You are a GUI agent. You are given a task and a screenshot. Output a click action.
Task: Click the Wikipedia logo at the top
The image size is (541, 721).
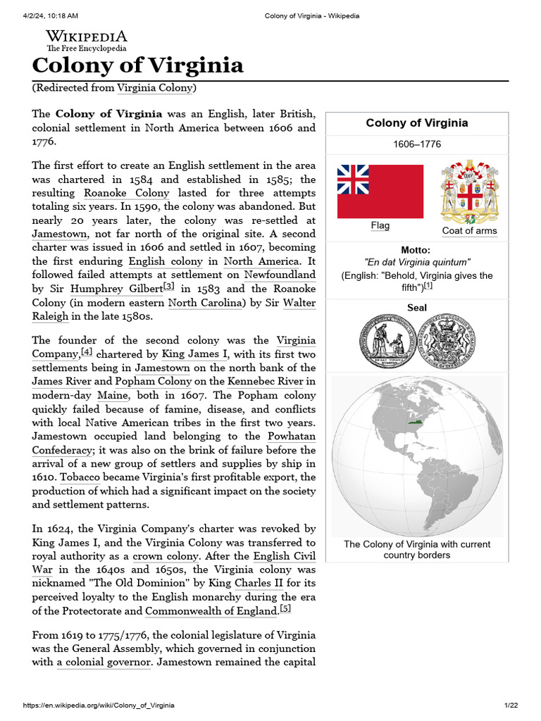click(86, 41)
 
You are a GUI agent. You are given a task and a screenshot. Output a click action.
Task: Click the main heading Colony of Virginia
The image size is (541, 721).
click(138, 65)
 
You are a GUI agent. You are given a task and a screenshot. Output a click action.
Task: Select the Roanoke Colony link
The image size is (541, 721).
click(127, 193)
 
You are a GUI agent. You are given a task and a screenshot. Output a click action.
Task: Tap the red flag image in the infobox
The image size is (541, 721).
click(380, 192)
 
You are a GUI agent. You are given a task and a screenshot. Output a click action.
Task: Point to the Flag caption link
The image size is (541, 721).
click(380, 225)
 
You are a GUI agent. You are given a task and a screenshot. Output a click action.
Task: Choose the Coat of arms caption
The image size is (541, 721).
click(469, 231)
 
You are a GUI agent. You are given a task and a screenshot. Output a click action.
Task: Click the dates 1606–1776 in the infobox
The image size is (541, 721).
click(416, 144)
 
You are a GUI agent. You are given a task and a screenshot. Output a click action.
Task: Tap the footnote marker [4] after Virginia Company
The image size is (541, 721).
click(86, 352)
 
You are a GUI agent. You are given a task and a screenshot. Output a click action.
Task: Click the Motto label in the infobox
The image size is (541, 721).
click(416, 250)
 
